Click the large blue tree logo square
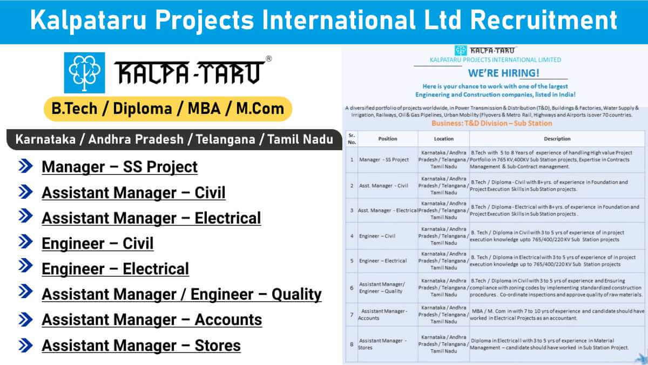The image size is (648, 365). (84, 72)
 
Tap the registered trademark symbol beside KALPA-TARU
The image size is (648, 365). (269, 59)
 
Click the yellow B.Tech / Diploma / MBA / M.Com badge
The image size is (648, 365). (168, 109)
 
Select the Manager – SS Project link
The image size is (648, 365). (119, 167)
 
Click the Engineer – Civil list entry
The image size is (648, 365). (98, 243)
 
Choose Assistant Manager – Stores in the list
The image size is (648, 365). (141, 346)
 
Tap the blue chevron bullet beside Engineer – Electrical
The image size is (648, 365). (25, 266)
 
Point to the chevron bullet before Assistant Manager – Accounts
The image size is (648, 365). (25, 320)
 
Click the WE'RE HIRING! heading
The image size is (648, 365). (504, 73)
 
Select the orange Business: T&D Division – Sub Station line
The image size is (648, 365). (492, 123)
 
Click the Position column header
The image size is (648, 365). (388, 139)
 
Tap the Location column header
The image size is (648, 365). (444, 139)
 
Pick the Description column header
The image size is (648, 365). (557, 139)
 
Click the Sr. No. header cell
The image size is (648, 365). (352, 139)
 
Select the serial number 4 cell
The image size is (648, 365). (352, 236)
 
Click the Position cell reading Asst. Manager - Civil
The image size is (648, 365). (383, 186)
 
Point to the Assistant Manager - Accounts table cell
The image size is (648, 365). (382, 314)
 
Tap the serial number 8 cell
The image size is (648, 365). (352, 344)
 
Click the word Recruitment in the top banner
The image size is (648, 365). (544, 20)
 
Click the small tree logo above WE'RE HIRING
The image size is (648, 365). (461, 50)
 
